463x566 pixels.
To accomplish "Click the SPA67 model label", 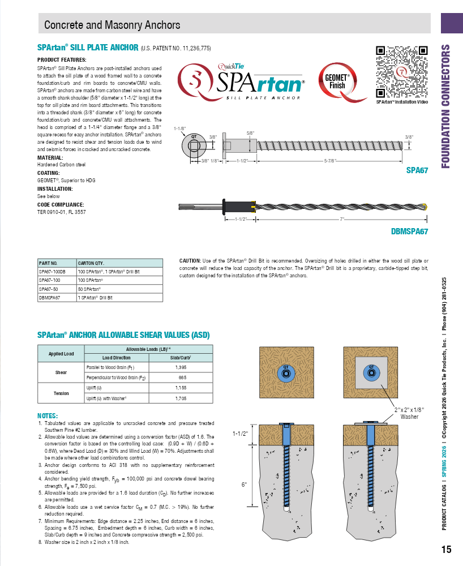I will click(418, 170).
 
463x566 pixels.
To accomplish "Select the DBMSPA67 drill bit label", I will click(410, 231).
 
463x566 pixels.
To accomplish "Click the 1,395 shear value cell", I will click(181, 367).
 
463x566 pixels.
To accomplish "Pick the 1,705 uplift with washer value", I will click(181, 398).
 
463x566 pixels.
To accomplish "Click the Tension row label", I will click(61, 393).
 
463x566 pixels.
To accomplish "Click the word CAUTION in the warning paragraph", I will click(191, 260).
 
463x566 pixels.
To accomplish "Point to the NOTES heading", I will click(48, 415).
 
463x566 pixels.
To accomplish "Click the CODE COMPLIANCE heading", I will click(61, 204).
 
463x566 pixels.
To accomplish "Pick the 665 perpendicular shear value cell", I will click(181, 377).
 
